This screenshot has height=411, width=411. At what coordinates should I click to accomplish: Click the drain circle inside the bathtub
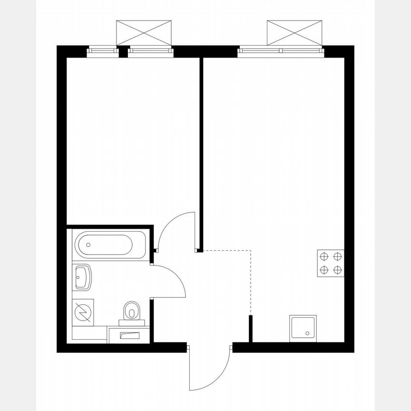88,245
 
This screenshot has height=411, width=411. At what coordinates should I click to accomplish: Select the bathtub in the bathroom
110,245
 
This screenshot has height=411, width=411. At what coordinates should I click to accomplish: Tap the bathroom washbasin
82,277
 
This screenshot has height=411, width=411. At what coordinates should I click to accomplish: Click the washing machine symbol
82,312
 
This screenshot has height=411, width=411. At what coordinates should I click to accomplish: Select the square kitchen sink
303,328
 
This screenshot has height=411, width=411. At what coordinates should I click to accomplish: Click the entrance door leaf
189,366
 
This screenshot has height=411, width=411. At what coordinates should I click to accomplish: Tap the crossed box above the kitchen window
295,32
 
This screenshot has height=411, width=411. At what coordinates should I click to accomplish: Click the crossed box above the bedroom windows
144,32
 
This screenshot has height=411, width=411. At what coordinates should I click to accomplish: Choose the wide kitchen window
281,49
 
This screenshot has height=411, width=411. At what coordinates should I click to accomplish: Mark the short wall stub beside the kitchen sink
250,328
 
